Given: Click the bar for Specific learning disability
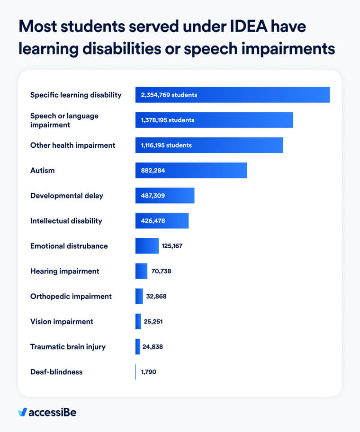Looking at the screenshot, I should click(232, 95).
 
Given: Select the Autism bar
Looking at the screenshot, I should click(191, 171).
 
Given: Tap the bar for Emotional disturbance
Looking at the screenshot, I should click(147, 246).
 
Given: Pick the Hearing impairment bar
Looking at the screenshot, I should click(141, 271).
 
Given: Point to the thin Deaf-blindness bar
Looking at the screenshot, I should click(136, 372).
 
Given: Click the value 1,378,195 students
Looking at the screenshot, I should click(167, 120).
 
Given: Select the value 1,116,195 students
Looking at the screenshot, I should click(166, 145).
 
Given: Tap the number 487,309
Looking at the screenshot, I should click(153, 196).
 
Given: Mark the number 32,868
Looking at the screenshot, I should click(156, 297).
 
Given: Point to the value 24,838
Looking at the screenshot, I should click(153, 347).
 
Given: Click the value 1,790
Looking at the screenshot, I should click(148, 372).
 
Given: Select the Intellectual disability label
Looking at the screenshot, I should click(66, 221).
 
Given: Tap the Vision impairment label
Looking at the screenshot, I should click(62, 322).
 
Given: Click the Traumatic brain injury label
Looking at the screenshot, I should click(68, 347).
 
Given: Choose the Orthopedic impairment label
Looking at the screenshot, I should click(71, 297).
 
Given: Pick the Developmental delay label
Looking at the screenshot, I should click(66, 196).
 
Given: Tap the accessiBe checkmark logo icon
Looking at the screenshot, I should click(22, 412).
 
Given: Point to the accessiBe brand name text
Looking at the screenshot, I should click(52, 412).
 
